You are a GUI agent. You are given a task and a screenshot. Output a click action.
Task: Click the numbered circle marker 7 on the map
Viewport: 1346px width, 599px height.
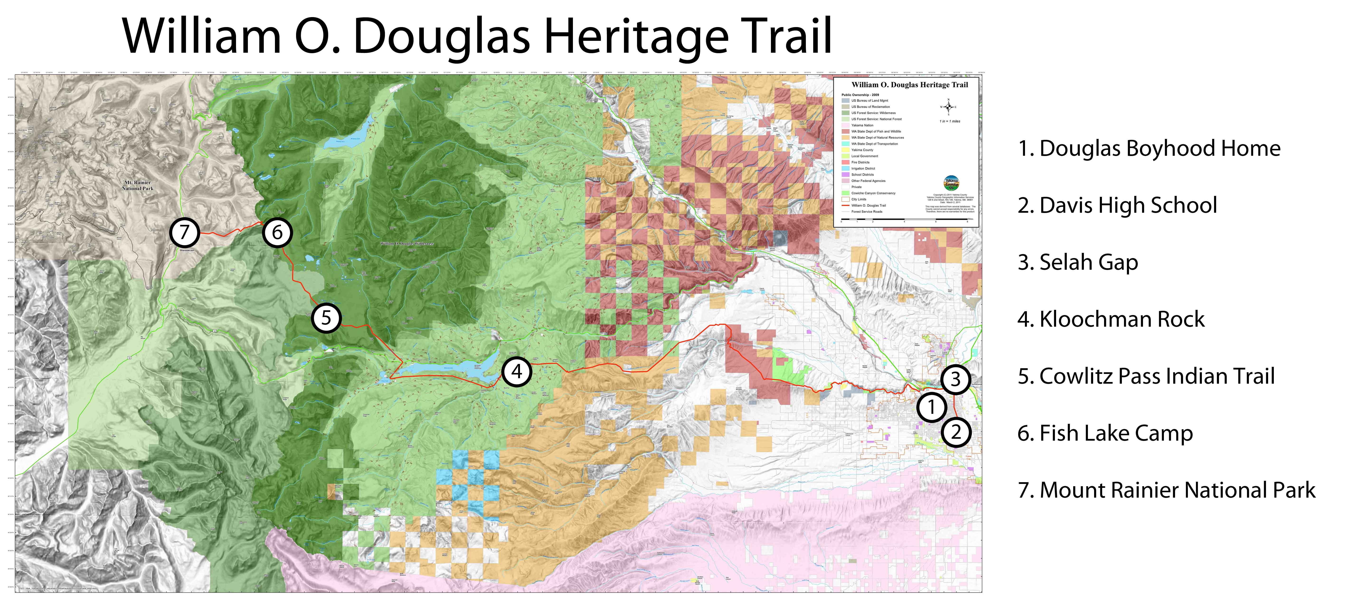click(x=184, y=232)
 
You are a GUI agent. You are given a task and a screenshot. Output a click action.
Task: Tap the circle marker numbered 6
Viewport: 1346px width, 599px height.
click(x=277, y=232)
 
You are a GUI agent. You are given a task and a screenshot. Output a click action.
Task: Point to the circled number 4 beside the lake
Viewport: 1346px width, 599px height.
click(x=516, y=372)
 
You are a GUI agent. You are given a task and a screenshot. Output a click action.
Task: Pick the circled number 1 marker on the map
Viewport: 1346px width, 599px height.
click(x=931, y=407)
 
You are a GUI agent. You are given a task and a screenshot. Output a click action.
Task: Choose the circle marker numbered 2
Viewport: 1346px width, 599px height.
click(x=956, y=432)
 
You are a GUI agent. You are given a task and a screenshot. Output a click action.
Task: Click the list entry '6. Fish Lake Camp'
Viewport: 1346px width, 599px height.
click(x=1105, y=433)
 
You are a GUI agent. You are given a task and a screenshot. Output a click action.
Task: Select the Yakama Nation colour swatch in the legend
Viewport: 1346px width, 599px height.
click(x=845, y=125)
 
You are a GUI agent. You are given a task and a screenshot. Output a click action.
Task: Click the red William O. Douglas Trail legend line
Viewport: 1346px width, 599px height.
click(x=845, y=205)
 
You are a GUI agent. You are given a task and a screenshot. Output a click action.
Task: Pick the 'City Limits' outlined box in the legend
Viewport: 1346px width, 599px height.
click(x=845, y=199)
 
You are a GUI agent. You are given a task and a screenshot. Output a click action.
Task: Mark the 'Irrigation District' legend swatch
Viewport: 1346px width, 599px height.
click(x=845, y=168)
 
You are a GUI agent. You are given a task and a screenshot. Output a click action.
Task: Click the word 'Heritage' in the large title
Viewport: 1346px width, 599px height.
click(x=635, y=37)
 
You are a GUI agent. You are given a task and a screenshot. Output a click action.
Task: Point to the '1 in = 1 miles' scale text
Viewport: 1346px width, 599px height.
click(x=949, y=121)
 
